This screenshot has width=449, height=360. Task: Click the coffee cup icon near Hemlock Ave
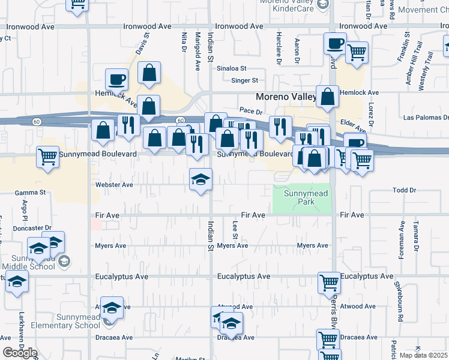point(116,79)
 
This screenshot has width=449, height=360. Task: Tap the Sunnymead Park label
point(299,197)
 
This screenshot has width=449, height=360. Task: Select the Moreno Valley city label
point(286,97)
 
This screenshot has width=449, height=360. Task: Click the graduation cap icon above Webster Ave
point(200,179)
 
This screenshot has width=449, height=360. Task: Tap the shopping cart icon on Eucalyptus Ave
point(329,282)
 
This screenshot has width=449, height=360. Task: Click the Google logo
point(20,353)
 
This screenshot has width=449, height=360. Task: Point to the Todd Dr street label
point(404,190)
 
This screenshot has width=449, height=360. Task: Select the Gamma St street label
point(31,193)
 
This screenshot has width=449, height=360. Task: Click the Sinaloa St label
point(231,68)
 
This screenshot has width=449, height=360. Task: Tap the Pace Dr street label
point(251,112)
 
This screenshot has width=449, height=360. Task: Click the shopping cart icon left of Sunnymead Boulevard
point(47,157)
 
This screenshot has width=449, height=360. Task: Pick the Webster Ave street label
point(114,185)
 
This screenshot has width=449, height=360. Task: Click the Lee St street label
point(235,229)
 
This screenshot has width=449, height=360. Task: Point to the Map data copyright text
point(424,355)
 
